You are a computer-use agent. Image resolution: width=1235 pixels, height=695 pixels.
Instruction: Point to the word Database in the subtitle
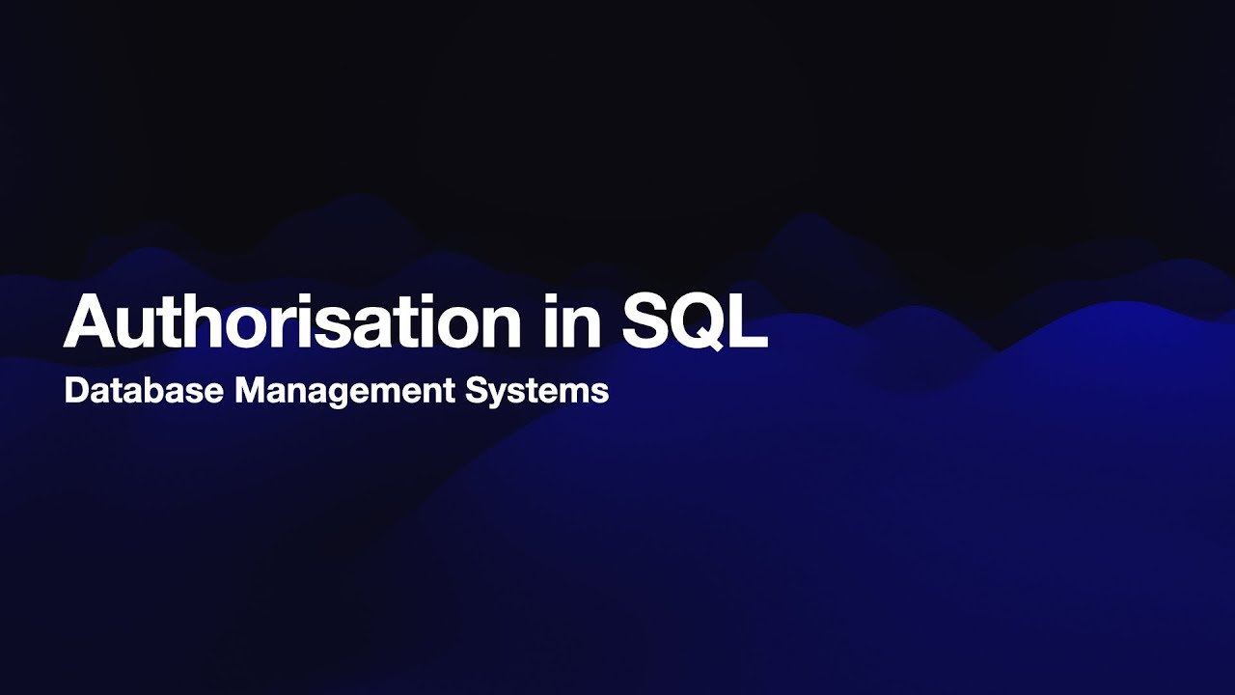(143, 391)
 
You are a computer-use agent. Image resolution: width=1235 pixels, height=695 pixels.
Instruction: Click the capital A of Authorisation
(90, 320)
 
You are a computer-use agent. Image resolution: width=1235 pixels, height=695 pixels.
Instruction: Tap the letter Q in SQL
(698, 321)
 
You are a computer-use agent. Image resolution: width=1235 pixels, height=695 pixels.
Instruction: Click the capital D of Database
(75, 391)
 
